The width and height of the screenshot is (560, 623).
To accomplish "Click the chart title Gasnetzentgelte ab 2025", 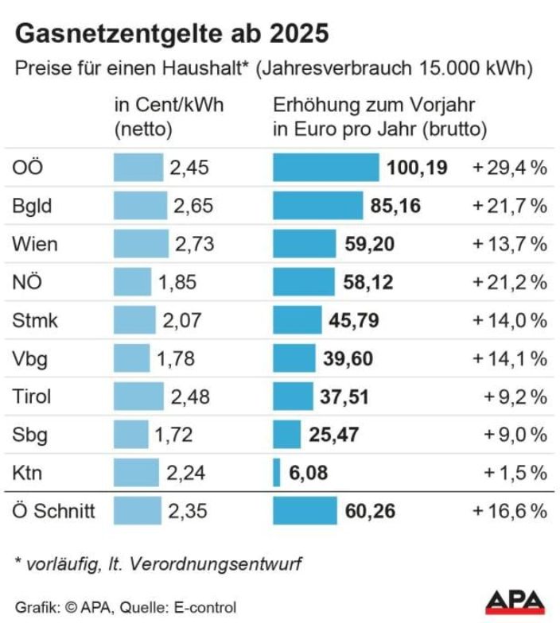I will pos(172,33).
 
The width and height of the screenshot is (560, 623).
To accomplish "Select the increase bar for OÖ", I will pos(325,168).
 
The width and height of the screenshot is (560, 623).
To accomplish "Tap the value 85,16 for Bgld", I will pos(395,206).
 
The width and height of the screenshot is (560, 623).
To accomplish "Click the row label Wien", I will pos(35,244).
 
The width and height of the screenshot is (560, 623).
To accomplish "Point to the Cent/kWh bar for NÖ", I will pos(132,282).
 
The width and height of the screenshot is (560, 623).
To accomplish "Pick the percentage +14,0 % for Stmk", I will pos(510,320).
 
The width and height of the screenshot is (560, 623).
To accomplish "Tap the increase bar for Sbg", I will pos(286,435).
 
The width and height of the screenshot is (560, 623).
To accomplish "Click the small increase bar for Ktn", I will pos(277,473).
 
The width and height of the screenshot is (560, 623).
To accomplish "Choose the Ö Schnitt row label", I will pos(53,511).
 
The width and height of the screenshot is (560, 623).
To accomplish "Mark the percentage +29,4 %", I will pos(510,168).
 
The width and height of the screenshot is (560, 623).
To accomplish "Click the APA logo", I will pos(515,602).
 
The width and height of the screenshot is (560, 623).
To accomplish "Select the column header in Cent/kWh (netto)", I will pos(169,116).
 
